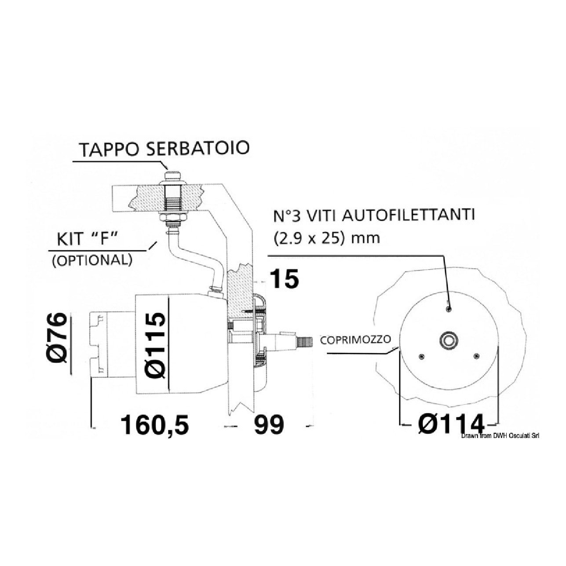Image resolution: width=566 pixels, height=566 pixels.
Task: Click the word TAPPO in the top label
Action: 104,150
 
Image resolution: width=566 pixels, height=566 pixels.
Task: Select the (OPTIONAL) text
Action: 92,260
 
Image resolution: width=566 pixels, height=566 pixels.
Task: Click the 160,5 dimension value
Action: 155,425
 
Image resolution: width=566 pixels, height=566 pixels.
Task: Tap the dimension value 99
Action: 269,425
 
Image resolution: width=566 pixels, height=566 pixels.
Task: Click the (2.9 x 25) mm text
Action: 326,238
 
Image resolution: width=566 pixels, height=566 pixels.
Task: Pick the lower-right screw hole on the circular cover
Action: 475,355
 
